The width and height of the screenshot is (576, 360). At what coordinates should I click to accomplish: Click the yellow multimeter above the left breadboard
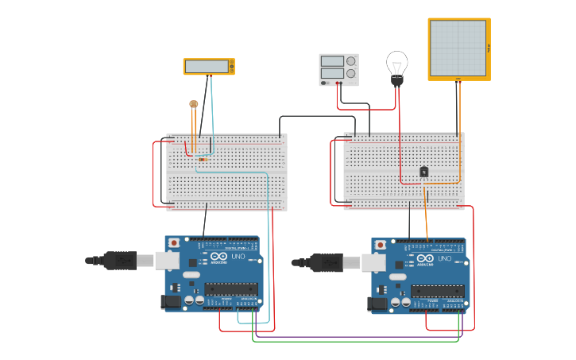point(209,67)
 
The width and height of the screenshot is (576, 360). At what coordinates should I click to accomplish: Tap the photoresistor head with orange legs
point(193,103)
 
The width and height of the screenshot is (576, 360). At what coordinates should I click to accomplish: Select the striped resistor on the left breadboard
point(203,160)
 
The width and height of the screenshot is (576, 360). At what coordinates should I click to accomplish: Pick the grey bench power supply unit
point(338,69)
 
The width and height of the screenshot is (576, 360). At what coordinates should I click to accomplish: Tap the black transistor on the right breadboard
point(424,171)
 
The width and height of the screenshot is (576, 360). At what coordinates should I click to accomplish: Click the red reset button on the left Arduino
point(174,242)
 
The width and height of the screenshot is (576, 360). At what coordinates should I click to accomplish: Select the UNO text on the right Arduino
point(446,259)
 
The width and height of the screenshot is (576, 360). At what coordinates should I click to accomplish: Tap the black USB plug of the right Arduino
point(327,262)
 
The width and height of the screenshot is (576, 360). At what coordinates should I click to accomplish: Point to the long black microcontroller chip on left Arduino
point(231,288)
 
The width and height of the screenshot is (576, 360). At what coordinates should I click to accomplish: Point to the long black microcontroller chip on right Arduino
point(438,291)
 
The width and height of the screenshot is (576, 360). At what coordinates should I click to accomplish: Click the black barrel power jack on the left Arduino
point(169,301)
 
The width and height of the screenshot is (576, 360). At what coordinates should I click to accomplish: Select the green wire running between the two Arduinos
point(358,342)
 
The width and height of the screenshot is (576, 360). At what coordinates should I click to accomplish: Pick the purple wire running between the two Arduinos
point(358,336)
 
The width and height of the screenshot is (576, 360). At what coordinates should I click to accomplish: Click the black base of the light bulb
point(396,80)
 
